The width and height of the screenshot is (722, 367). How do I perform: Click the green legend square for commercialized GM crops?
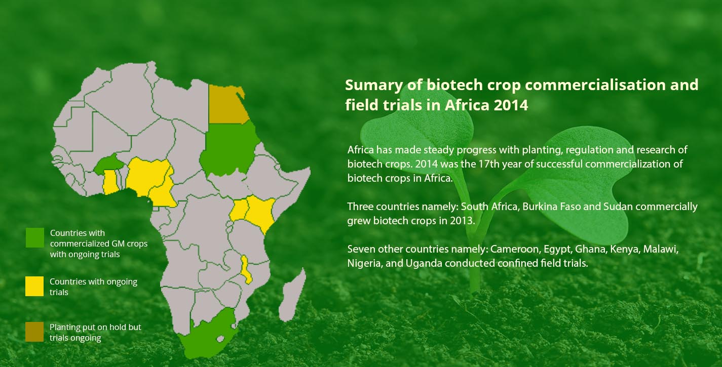click(35, 237)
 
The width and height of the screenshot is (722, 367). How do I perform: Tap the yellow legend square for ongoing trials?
click(34, 286)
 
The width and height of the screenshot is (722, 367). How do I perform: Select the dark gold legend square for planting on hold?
click(34, 332)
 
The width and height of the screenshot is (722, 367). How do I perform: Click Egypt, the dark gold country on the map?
click(228, 105)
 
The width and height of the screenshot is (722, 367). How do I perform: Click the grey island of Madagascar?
click(292, 296)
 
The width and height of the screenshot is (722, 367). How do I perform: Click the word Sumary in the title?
click(374, 86)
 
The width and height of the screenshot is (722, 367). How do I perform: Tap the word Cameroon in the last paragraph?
click(514, 249)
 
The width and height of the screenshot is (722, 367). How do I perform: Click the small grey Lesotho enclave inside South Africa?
click(220, 339)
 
